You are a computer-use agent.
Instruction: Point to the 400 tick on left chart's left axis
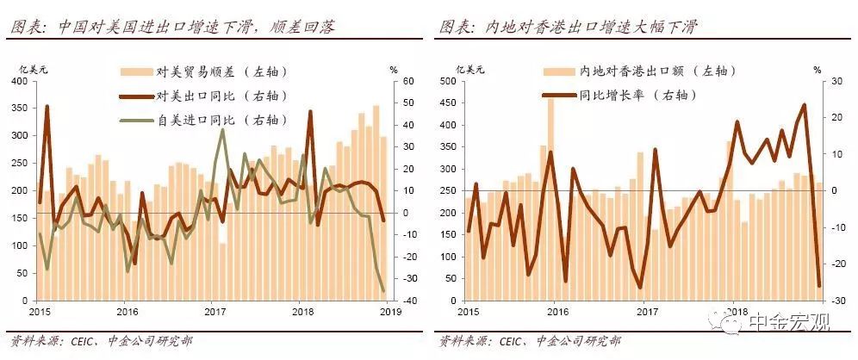(17, 81)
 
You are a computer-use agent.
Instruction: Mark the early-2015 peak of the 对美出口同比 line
(47, 107)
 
